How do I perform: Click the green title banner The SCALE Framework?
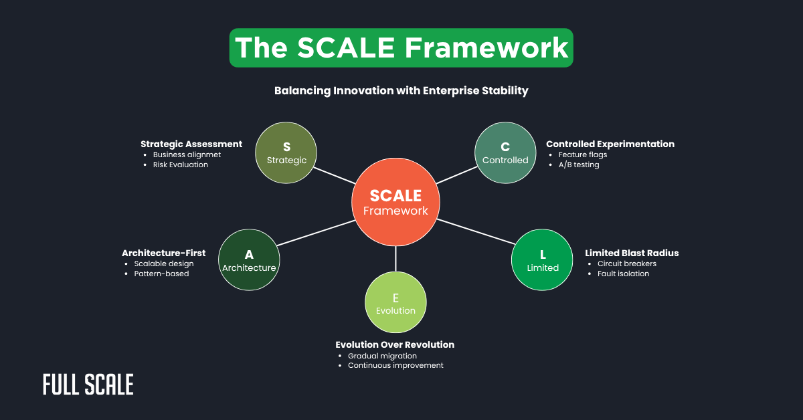tap(401, 48)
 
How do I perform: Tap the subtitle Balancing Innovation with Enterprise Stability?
tap(401, 91)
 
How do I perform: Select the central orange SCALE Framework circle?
tap(396, 202)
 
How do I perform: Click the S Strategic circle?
tap(286, 152)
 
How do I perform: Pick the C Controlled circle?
tap(505, 152)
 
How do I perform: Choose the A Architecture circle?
tap(249, 260)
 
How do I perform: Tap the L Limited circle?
tap(543, 260)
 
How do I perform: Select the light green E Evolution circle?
tap(395, 303)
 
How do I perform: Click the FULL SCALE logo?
tap(88, 385)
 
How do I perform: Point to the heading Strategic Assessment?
tap(191, 144)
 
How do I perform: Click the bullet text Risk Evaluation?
tap(180, 165)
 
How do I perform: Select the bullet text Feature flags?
tap(583, 154)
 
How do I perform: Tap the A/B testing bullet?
tap(579, 165)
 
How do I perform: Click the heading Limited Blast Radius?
tap(632, 253)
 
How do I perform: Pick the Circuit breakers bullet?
tap(627, 264)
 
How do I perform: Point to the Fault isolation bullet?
tap(623, 274)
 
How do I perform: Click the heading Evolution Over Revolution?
tap(395, 344)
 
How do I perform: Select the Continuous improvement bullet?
tap(395, 365)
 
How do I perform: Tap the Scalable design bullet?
tap(164, 264)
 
